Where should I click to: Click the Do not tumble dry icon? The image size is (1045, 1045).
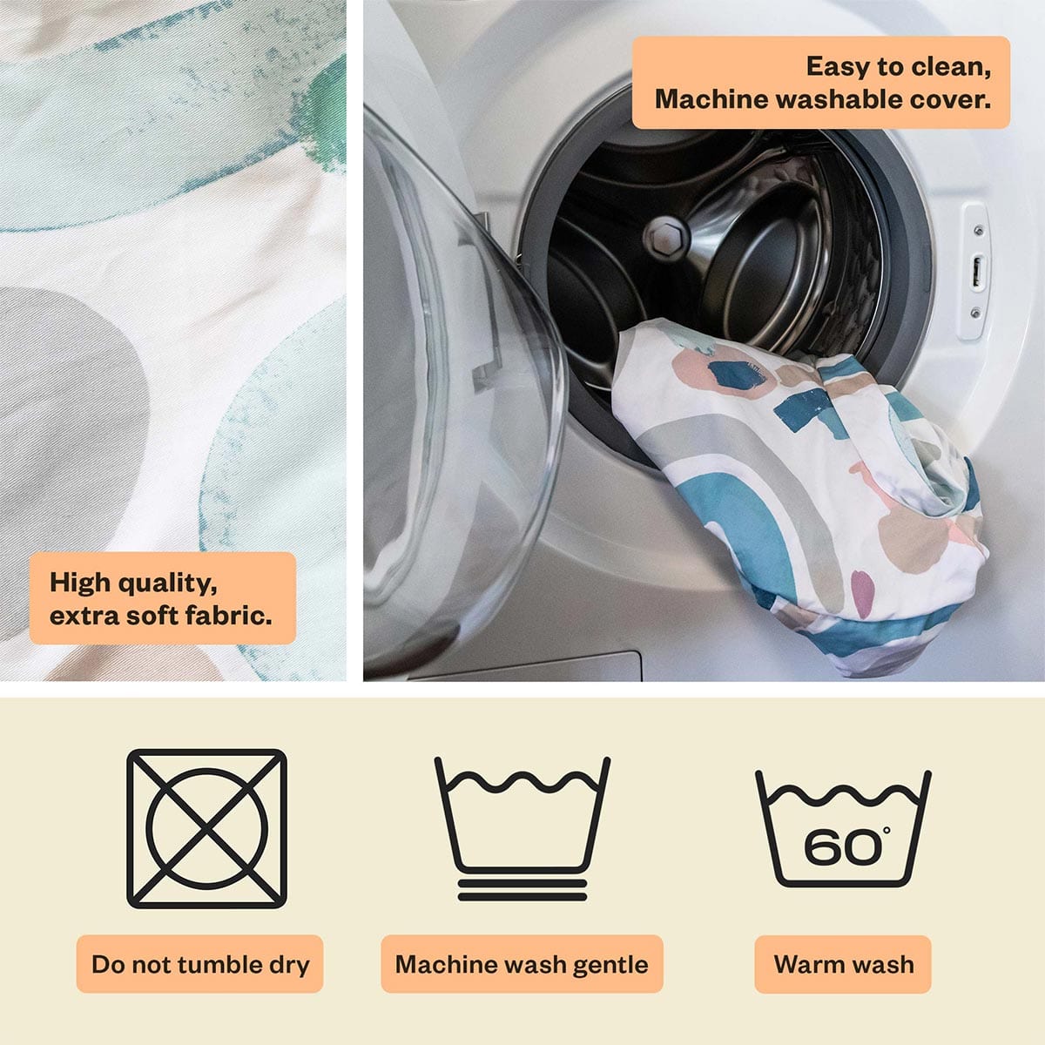coord(206,828)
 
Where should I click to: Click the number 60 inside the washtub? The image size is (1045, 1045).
coord(841,846)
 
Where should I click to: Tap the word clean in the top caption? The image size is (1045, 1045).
coord(951,67)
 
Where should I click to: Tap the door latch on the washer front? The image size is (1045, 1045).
coord(976,272)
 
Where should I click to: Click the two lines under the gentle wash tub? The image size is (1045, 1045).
coord(522,890)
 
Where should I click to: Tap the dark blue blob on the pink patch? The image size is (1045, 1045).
coord(737,374)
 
